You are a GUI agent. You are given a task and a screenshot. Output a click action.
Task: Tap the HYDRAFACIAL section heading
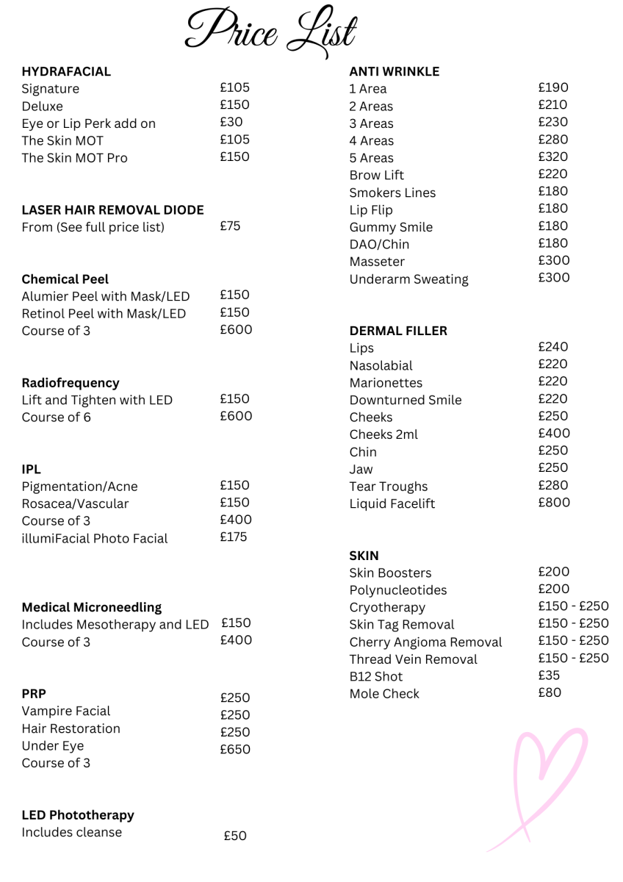tap(66, 71)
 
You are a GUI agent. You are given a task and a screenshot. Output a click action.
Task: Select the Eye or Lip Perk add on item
tap(88, 123)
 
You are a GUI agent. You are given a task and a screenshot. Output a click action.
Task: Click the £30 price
tap(231, 122)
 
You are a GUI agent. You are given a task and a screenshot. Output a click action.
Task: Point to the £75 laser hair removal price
tap(231, 226)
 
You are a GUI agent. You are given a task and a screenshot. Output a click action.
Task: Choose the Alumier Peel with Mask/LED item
tap(106, 296)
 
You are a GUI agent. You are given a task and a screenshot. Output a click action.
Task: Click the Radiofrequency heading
tap(71, 383)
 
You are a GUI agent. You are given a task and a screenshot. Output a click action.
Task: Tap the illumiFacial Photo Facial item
tap(95, 539)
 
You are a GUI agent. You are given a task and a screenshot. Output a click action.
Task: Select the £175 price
tap(234, 537)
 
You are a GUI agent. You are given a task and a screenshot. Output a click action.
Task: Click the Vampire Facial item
tap(66, 711)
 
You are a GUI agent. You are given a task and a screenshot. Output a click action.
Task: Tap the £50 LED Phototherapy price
tap(235, 836)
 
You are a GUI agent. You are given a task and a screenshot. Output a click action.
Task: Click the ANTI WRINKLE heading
tap(394, 71)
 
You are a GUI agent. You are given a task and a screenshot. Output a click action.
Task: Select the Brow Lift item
tap(376, 175)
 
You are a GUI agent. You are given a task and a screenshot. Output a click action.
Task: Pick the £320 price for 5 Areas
tap(553, 157)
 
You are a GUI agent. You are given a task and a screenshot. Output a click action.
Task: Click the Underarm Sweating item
tap(408, 279)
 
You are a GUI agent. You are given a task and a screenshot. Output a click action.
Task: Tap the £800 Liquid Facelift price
tap(554, 503)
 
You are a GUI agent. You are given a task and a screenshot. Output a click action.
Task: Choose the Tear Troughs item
tap(388, 487)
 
